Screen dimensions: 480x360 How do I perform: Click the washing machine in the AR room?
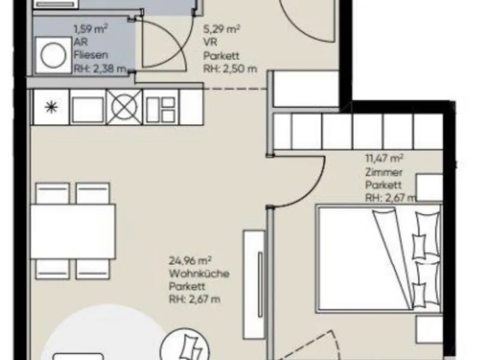53,55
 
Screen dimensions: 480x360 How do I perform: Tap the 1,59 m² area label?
91,29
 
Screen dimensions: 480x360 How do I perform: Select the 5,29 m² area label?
221,29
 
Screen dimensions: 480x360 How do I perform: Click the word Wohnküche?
199,274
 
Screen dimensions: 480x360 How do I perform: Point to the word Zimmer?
383,172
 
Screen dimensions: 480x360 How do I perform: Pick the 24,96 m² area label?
190,261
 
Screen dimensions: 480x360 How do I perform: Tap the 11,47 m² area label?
384,158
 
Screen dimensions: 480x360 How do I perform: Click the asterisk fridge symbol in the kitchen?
51,107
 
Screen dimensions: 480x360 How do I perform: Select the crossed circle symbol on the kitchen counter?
124,107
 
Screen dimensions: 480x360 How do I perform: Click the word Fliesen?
91,55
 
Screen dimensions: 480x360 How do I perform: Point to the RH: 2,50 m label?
230,68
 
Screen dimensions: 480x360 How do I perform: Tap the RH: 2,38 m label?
100,68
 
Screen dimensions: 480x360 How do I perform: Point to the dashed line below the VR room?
235,89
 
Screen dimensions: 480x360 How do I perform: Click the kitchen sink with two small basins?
160,107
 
